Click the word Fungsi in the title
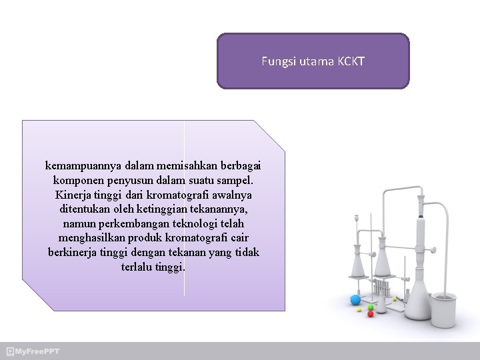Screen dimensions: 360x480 coord(275,62)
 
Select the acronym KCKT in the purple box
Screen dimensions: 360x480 coord(351,62)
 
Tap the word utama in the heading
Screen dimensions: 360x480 coord(312,62)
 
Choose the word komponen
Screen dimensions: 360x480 coord(78,180)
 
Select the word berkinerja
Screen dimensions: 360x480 coord(74,253)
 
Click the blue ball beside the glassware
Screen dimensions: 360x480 coord(355,299)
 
